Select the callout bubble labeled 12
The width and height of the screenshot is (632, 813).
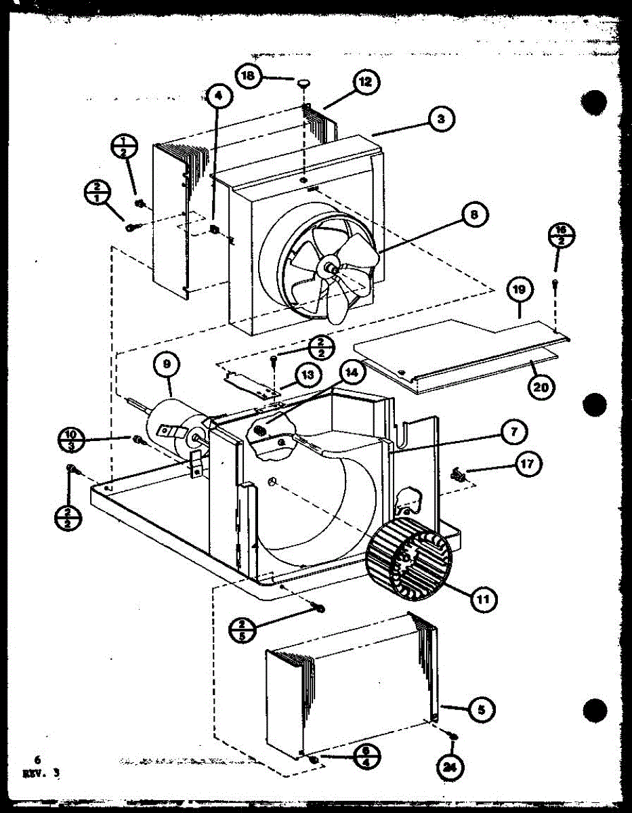click(365, 83)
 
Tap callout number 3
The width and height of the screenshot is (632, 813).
click(441, 119)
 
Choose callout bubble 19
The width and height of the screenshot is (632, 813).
click(519, 291)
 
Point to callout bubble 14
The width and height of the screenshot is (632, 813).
click(352, 371)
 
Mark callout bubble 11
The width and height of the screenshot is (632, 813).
click(482, 598)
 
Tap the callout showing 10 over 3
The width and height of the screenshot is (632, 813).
click(71, 438)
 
